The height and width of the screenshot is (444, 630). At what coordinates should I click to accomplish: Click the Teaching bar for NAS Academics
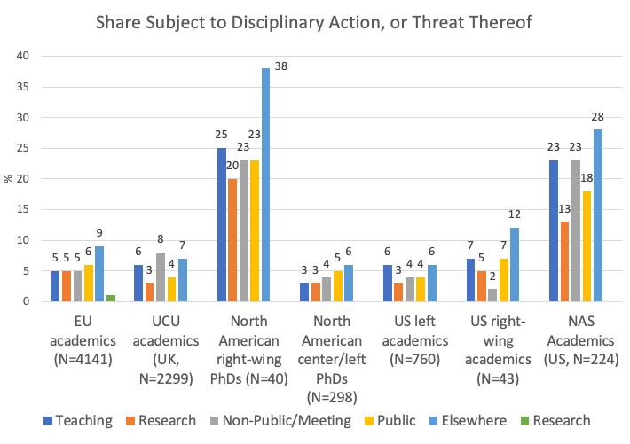point(554,230)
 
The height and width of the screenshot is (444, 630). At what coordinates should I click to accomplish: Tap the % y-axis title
point(9,178)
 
